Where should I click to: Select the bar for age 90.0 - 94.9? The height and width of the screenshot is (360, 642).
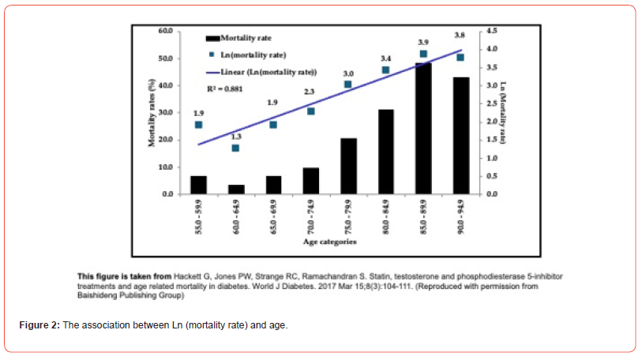460,136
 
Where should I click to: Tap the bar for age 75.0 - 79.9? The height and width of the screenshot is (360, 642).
348,166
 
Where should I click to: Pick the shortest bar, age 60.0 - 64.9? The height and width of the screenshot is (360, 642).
236,189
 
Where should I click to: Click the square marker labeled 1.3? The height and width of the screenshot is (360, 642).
235,148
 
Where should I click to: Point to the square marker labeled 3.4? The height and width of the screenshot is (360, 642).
385,70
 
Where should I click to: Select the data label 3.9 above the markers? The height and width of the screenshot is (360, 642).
422,42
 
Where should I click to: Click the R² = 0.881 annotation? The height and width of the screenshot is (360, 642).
224,89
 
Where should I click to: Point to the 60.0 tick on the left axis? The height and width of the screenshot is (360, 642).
165,31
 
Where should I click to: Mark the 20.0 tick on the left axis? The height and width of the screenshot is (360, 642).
165,140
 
